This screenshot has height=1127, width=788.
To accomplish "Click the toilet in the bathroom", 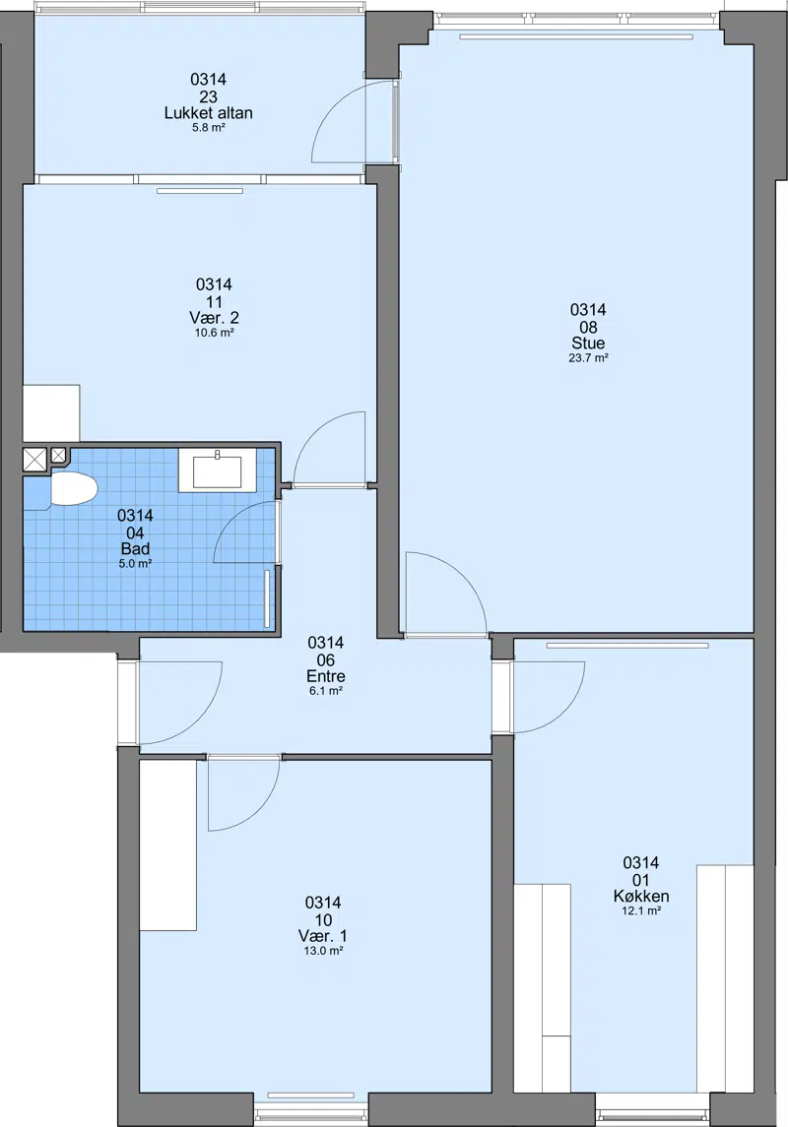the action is [73, 490].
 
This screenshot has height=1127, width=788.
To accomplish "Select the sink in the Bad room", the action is [217, 470].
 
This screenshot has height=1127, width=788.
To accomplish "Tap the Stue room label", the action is [588, 344].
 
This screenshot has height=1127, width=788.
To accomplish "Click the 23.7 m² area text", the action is [588, 358].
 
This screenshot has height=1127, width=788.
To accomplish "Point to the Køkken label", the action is [641, 897].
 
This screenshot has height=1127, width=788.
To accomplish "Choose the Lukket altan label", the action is [209, 113].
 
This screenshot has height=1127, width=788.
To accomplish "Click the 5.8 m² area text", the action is [209, 128].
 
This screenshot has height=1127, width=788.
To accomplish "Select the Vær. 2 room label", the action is [215, 318].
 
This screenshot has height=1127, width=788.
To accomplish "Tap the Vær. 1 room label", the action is [323, 936].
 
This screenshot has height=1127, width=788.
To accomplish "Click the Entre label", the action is [326, 676].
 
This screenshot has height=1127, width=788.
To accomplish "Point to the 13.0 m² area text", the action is [323, 950].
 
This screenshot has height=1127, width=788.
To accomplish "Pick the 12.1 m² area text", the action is [641, 910].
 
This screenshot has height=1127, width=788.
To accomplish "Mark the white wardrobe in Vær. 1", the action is [167, 845].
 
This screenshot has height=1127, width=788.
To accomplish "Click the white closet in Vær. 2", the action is [51, 413].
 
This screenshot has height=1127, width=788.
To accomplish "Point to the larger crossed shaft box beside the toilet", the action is [34, 460].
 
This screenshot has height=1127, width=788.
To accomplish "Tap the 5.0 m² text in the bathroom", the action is [135, 564].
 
